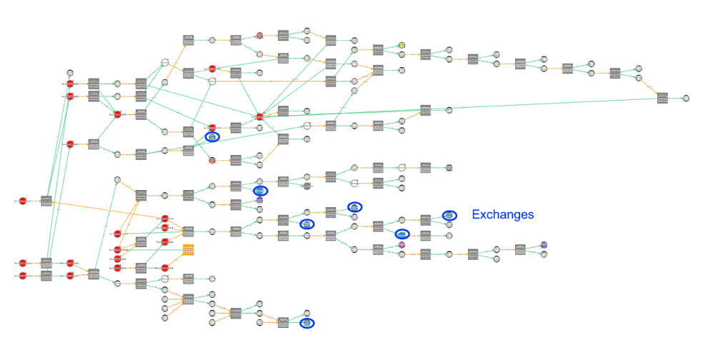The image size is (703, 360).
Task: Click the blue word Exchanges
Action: [502, 214]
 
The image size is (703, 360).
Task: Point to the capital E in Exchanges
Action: [475, 214]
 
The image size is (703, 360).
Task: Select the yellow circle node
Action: [402, 45]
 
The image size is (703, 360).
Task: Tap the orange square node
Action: [189, 249]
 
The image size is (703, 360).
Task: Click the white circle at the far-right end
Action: [686, 98]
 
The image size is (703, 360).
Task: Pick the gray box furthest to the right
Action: [662, 98]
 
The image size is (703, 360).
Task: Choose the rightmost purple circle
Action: [544, 245]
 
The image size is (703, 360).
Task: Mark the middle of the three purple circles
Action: [402, 245]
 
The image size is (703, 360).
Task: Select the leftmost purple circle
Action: [259, 200]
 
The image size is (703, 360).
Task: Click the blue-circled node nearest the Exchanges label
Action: [449, 215]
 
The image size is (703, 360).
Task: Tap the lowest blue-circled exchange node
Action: [307, 323]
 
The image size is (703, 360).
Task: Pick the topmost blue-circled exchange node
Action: [212, 136]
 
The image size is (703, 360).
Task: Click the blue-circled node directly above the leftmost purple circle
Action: [260, 191]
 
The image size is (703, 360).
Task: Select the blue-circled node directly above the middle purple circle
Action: [402, 234]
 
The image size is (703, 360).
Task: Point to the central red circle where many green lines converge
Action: [259, 116]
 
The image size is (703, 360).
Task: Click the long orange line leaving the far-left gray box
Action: [107, 209]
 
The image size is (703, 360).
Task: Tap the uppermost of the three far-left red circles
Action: [22, 201]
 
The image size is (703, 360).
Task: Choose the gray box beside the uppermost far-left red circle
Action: [46, 201]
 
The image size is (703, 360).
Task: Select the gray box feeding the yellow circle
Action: [378, 49]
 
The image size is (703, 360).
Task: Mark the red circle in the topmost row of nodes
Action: [259, 35]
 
